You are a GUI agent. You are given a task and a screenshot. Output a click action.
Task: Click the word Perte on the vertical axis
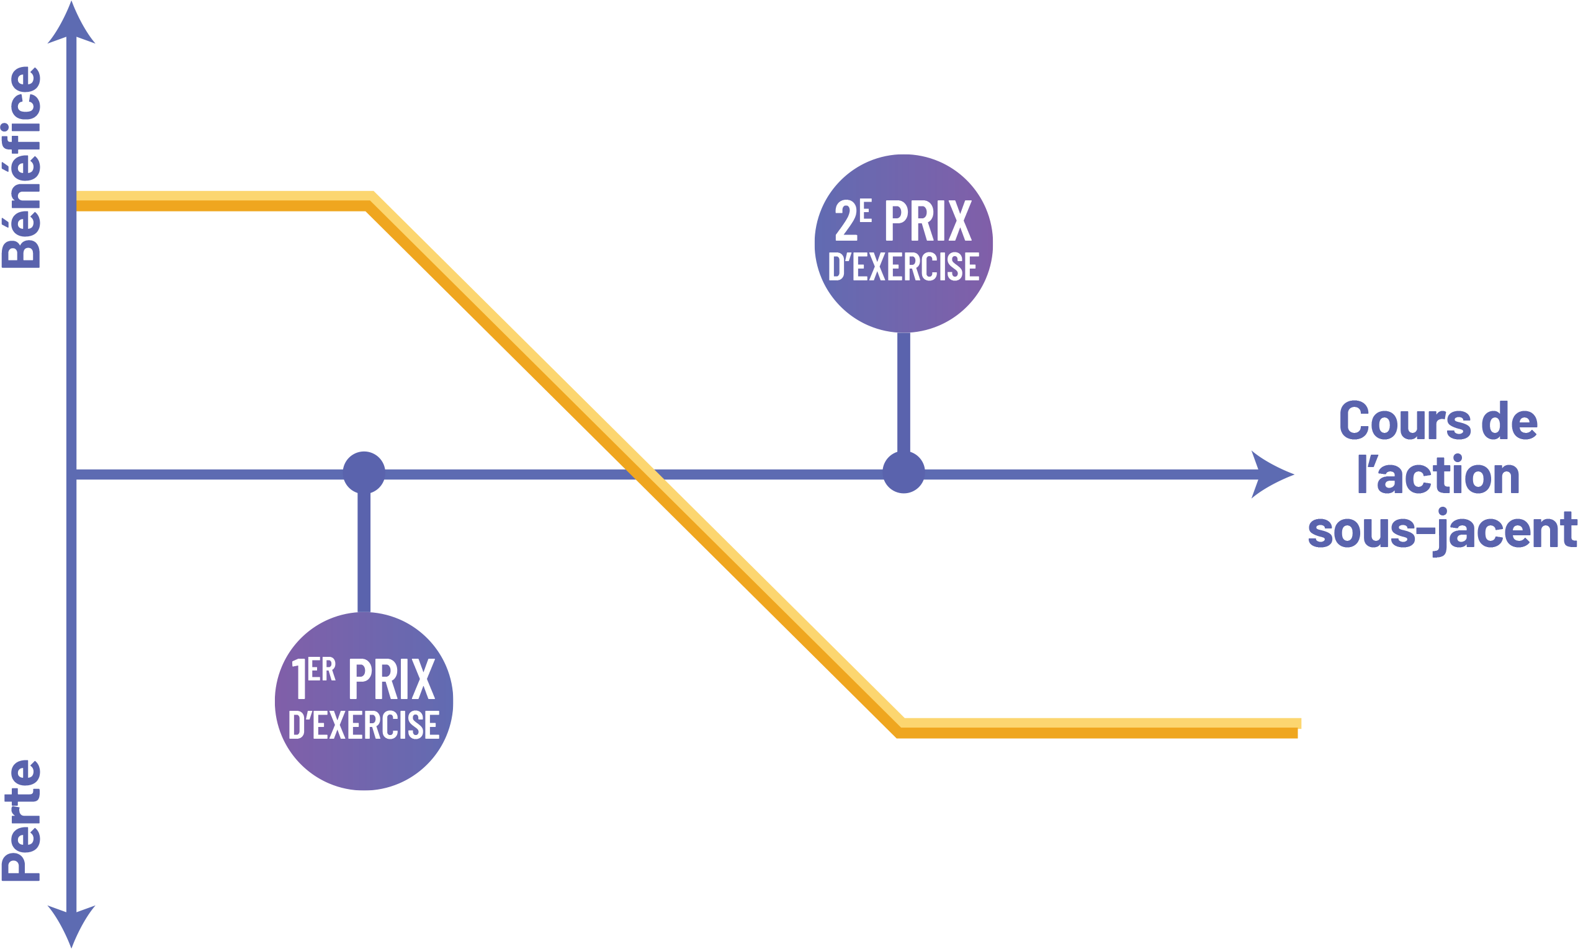coord(21,821)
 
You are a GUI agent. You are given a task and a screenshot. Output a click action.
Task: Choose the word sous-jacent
coord(1441,530)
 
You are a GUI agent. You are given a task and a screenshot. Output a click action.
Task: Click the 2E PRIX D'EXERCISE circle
coord(903,244)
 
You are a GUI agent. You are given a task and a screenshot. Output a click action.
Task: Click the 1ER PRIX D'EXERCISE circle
coord(364,702)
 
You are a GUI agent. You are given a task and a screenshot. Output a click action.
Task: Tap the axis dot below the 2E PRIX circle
coord(903,473)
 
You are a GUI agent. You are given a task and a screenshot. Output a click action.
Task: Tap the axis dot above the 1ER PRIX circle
coord(364,473)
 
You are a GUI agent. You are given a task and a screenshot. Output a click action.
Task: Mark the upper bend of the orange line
coord(370,201)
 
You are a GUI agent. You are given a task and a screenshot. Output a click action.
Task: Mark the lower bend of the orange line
coord(900,727)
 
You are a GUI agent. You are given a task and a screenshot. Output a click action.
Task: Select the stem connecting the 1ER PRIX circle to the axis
coord(364,553)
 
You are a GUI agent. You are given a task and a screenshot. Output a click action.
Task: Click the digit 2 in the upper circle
coord(846,222)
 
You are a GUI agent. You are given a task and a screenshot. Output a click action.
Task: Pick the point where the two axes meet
coord(71,474)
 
